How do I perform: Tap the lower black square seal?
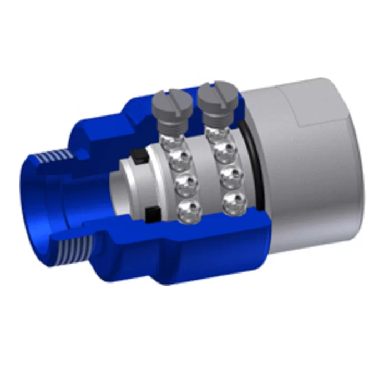(x=150, y=213)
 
